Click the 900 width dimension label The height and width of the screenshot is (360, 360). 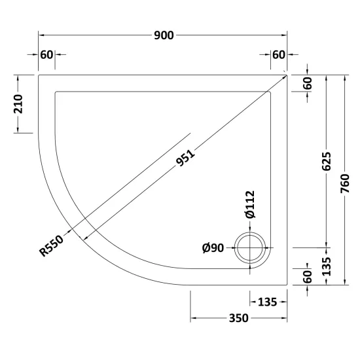164,35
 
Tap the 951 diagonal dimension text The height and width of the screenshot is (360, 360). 185,158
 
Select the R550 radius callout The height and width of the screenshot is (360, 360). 52,245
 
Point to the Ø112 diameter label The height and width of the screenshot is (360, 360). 250,204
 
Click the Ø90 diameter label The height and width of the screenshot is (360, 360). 213,248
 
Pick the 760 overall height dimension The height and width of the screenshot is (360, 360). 344,183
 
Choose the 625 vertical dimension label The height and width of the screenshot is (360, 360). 326,161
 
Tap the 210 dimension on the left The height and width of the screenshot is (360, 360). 18,104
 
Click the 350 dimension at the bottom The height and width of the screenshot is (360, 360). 238,318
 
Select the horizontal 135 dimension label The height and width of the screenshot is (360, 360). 268,302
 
